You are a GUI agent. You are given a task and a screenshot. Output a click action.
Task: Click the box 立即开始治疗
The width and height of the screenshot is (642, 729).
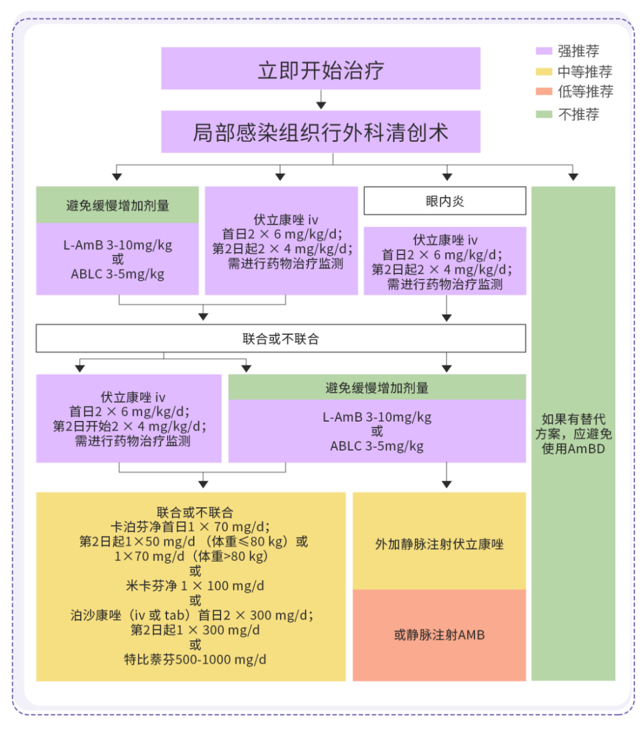click(x=321, y=69)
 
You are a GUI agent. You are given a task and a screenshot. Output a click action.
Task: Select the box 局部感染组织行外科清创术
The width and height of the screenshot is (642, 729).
click(x=321, y=132)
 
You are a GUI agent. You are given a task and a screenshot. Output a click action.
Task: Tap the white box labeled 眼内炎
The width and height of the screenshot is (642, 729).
click(x=445, y=201)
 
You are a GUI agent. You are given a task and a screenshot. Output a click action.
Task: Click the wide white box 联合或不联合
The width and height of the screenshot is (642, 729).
click(x=281, y=339)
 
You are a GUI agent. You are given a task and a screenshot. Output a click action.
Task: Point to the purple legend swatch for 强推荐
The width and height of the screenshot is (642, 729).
click(x=544, y=52)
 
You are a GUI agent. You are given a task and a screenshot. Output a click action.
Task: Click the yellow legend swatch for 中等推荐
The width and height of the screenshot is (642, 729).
click(x=544, y=72)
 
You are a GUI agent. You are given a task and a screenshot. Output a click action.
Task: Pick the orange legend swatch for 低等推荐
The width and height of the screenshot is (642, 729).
click(x=544, y=92)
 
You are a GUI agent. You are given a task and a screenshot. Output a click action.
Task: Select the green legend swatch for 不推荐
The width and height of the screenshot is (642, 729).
click(x=544, y=114)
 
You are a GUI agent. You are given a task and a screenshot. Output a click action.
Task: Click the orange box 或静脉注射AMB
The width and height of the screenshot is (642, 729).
click(x=439, y=635)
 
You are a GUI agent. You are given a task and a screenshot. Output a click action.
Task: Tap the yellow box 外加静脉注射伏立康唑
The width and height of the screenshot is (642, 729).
click(x=439, y=544)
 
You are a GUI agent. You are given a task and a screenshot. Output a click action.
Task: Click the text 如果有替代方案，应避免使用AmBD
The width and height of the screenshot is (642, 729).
click(x=573, y=434)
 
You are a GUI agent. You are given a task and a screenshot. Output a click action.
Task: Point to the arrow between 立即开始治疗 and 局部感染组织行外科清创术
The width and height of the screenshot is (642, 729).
click(x=321, y=100)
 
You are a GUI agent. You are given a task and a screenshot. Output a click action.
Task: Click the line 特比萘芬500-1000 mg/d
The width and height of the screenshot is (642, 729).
click(x=195, y=659)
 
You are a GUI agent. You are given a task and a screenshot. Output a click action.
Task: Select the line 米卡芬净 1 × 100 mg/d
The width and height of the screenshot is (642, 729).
click(x=195, y=586)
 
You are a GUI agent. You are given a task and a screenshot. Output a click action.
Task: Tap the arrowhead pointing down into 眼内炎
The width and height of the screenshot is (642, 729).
click(x=447, y=176)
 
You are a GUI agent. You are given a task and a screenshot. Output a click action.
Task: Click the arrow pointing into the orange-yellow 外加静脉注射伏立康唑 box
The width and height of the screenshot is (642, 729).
click(x=447, y=483)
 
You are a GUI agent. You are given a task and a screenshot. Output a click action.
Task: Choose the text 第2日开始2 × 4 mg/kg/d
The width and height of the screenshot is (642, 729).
click(x=129, y=426)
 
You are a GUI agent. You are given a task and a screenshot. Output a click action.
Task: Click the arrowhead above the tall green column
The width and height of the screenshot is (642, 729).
click(x=573, y=176)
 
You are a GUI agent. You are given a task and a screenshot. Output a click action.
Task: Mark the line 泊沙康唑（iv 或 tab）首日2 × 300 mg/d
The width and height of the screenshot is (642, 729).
click(x=192, y=615)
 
